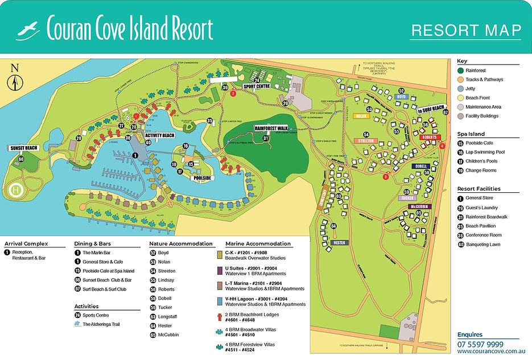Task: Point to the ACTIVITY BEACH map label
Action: (159, 136)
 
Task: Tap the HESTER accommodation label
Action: (340, 242)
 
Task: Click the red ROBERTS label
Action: (431, 138)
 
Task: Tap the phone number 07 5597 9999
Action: (480, 344)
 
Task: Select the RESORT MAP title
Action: (465, 30)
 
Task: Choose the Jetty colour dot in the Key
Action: (460, 89)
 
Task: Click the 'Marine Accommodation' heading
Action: (258, 244)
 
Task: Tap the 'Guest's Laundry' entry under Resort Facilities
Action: (481, 208)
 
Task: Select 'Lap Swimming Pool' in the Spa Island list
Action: (485, 152)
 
